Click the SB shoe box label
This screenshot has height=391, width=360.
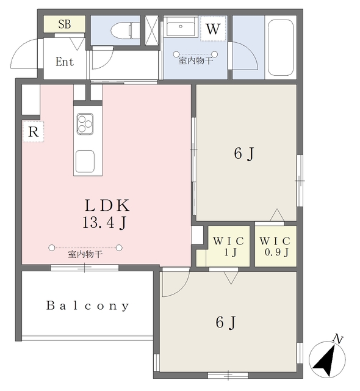coord(65,24)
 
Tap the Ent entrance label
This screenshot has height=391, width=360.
coord(65,62)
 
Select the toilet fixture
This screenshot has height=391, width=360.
coord(125,30)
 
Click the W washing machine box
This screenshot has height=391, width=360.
coord(213,29)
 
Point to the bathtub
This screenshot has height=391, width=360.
coord(281,48)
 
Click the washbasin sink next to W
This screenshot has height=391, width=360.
coord(181,26)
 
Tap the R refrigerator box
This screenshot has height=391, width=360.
coord(34,132)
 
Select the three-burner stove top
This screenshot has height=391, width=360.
coord(85,124)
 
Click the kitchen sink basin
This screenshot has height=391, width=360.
coord(85,161)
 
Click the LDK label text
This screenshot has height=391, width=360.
coord(107,205)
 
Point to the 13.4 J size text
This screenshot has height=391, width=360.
coord(104,222)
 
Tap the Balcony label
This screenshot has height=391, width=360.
coord(88,305)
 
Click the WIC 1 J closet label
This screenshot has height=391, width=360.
coord(229,247)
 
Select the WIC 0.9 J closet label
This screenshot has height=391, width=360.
coord(275,247)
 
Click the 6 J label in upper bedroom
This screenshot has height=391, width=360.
coord(244,153)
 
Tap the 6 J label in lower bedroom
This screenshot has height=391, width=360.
coord(226,323)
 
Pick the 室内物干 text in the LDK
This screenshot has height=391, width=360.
coord(85,254)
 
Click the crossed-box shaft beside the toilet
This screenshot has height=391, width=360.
coord(151,31)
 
